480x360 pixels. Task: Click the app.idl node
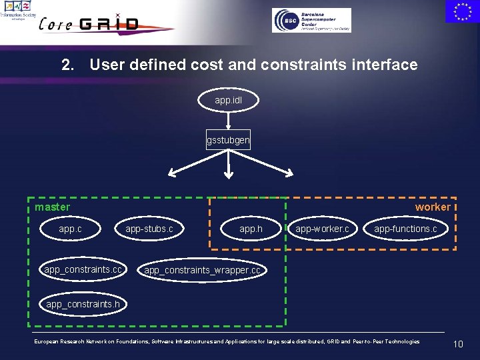pyautogui.click(x=229, y=101)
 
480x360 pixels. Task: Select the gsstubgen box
pyautogui.click(x=229, y=140)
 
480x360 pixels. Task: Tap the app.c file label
pyautogui.click(x=71, y=229)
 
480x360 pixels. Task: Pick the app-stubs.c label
pyautogui.click(x=149, y=229)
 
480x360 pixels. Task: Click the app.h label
pyautogui.click(x=251, y=229)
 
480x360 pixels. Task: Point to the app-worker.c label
pyautogui.click(x=322, y=229)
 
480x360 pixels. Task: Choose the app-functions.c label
pyautogui.click(x=405, y=229)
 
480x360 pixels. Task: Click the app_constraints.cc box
pyautogui.click(x=83, y=269)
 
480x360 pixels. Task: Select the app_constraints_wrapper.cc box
pyautogui.click(x=202, y=270)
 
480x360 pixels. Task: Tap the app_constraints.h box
pyautogui.click(x=83, y=304)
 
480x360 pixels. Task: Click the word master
pyautogui.click(x=52, y=207)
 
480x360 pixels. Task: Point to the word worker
pyautogui.click(x=433, y=207)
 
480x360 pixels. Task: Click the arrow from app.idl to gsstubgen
pyautogui.click(x=229, y=120)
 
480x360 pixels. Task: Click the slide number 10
pyautogui.click(x=458, y=344)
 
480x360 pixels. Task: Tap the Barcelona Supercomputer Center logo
pyautogui.click(x=311, y=21)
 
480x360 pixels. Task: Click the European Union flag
pyautogui.click(x=461, y=11)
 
